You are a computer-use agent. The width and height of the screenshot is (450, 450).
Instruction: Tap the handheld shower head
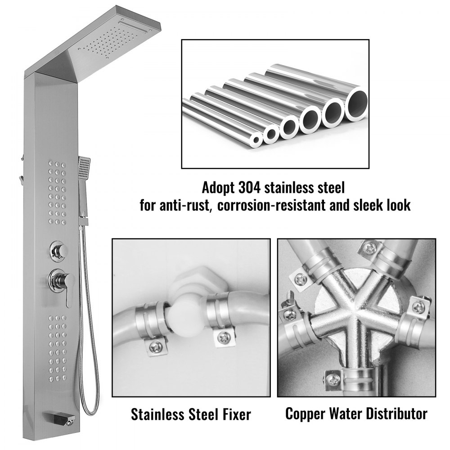pyautogui.click(x=84, y=168)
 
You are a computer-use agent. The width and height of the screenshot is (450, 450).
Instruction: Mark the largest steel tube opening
pyautogui.click(x=356, y=104)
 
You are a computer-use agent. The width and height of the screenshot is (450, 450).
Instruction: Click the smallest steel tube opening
pyautogui.click(x=256, y=139)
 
